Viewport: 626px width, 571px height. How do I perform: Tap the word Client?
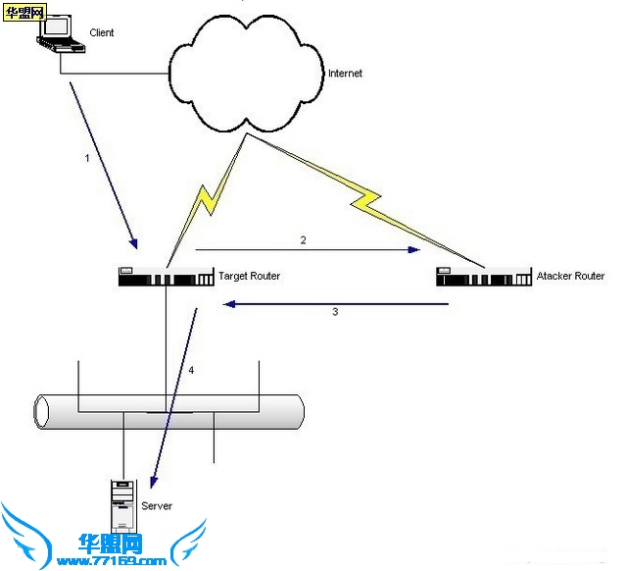click(x=102, y=33)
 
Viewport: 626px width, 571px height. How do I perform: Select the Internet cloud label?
click(x=345, y=74)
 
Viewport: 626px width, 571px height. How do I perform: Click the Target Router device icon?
click(x=166, y=277)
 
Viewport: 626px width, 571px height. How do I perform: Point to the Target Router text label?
click(x=251, y=277)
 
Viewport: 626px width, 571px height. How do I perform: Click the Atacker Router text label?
click(x=571, y=277)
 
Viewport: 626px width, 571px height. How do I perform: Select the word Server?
click(x=157, y=506)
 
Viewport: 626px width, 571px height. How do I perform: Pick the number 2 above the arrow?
click(x=303, y=240)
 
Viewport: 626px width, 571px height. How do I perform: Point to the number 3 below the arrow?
click(x=335, y=312)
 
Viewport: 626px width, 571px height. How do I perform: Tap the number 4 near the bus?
click(x=192, y=370)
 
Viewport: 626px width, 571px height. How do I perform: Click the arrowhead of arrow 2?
click(x=412, y=251)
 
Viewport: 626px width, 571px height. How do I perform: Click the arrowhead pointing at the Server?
click(x=153, y=482)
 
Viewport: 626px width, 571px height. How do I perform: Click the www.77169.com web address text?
click(x=111, y=562)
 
